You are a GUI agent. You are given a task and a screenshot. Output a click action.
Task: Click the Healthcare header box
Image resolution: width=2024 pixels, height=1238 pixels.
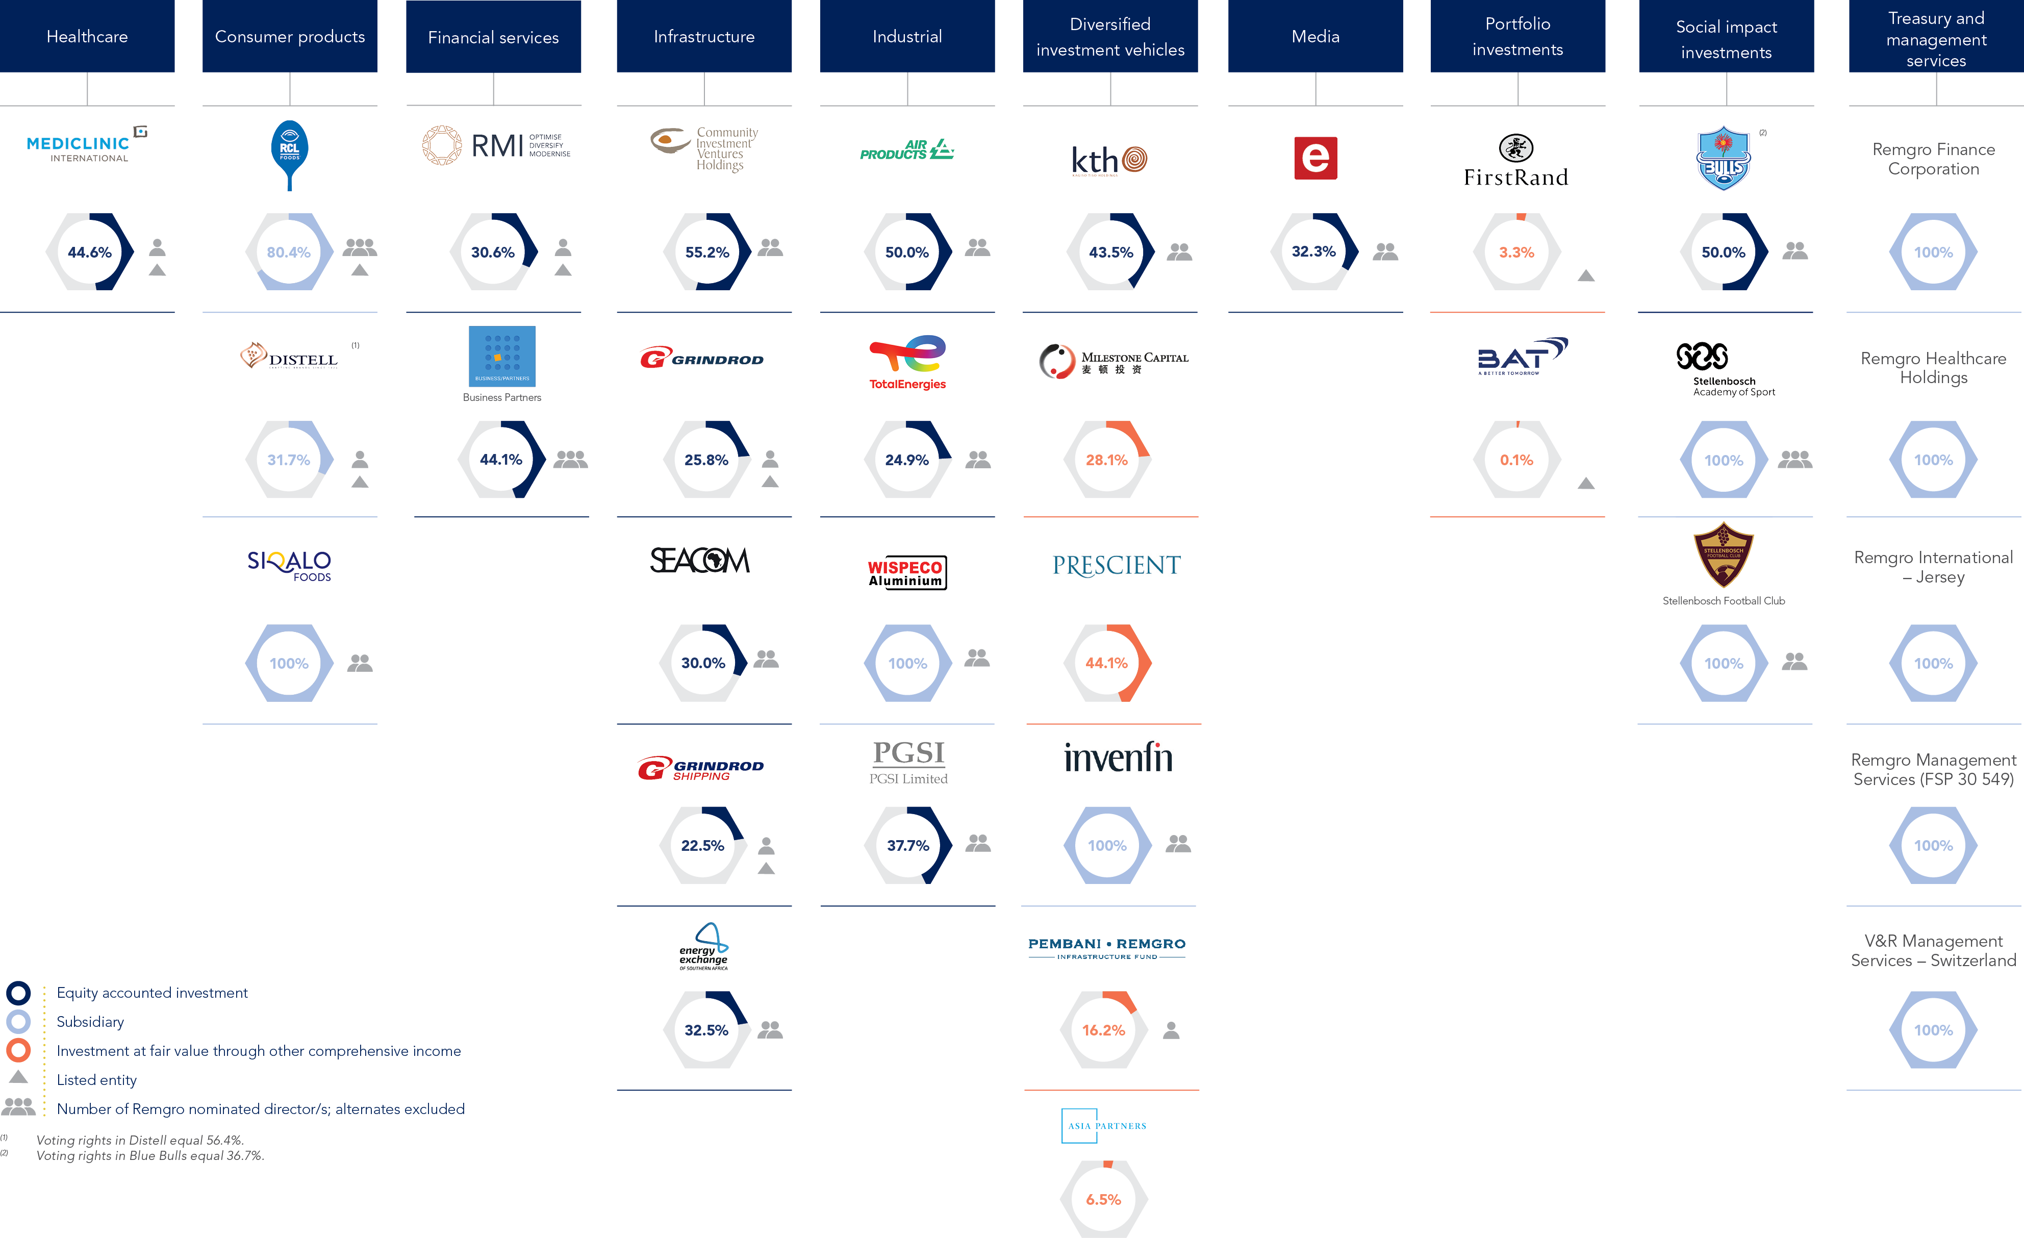point(87,36)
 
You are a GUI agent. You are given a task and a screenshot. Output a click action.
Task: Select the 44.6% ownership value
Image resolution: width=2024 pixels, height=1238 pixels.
point(90,252)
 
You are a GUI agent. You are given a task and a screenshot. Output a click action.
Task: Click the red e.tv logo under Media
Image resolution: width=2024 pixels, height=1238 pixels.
point(1315,158)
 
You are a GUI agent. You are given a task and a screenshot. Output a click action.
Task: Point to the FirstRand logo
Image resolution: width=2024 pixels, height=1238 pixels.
point(1516,162)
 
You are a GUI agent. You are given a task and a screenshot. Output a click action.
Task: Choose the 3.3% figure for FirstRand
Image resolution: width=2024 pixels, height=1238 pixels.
point(1516,252)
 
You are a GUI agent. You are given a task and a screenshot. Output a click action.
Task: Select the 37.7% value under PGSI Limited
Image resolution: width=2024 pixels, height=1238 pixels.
point(907,845)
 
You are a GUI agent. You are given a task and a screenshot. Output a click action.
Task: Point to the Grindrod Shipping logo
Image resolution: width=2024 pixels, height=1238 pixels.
point(701,768)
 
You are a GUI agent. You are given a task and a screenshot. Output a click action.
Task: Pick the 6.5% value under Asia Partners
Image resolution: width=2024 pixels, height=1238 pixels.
point(1103,1199)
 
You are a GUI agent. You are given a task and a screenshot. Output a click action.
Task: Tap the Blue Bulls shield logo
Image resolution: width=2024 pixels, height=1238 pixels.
point(1724,159)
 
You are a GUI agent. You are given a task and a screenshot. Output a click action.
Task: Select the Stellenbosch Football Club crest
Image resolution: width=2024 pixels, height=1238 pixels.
point(1724,555)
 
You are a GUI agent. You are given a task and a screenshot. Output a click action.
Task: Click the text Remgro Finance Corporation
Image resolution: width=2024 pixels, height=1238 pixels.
point(1934,159)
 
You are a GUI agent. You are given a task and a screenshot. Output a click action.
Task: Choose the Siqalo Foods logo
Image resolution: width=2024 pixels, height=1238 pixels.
point(289,565)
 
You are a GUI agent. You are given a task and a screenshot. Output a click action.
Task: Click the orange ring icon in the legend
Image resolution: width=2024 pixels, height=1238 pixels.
point(18,1050)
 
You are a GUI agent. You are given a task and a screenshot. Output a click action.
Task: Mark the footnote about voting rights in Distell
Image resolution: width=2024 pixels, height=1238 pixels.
point(140,1140)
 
